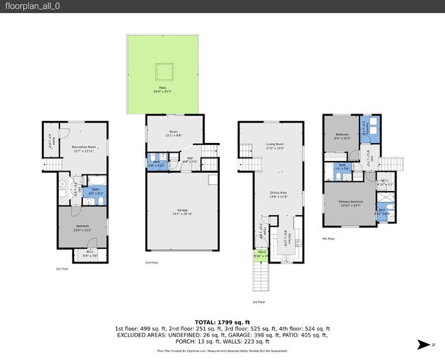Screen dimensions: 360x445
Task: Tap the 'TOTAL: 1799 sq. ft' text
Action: tap(222, 322)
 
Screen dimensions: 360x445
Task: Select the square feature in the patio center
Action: tap(163, 71)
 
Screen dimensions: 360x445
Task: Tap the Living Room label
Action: tap(275, 146)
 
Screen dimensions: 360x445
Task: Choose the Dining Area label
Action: tap(277, 194)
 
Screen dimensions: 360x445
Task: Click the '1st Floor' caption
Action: tap(62, 269)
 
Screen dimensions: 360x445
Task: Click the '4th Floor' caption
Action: tap(329, 239)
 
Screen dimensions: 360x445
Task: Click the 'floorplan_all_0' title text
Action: tap(24, 6)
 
